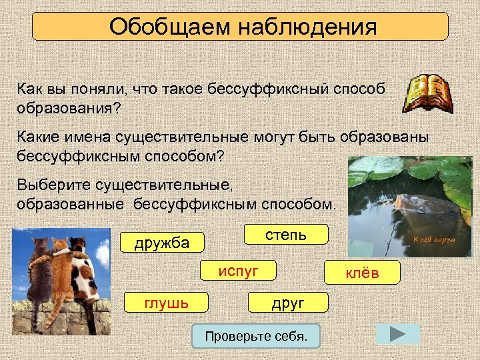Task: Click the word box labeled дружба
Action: point(162,242)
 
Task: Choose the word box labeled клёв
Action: point(362,272)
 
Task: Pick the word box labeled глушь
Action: point(166,303)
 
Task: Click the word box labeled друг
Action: point(287,303)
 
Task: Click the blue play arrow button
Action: point(398,334)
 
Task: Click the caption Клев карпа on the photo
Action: point(434,240)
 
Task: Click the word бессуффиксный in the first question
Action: point(255,89)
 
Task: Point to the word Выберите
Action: point(47,184)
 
